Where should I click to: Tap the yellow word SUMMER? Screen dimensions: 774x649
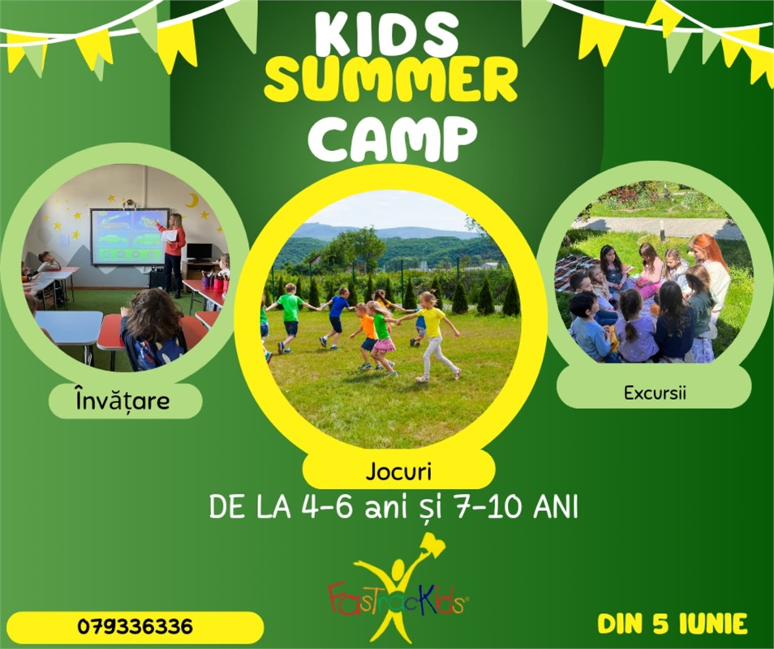(x=390, y=80)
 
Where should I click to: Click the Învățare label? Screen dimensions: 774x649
(x=123, y=400)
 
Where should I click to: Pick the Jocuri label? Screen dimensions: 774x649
(x=398, y=472)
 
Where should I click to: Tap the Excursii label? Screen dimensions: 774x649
(x=655, y=393)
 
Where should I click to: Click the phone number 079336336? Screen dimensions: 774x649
(x=135, y=627)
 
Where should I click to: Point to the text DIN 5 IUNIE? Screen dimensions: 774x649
(x=673, y=624)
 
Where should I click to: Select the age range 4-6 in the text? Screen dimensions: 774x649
(x=327, y=507)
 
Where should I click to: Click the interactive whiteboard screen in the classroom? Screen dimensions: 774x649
(x=129, y=236)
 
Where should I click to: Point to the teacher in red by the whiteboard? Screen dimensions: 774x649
(x=174, y=254)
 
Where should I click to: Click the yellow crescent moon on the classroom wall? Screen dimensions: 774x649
(x=192, y=200)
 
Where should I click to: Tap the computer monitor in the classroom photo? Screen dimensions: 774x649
(x=199, y=252)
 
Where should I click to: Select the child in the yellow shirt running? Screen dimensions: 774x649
(x=433, y=336)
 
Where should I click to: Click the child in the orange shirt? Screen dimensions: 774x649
(x=366, y=336)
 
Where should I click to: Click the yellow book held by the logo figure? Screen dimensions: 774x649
(x=432, y=544)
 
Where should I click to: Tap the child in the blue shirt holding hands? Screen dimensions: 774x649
(x=336, y=318)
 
